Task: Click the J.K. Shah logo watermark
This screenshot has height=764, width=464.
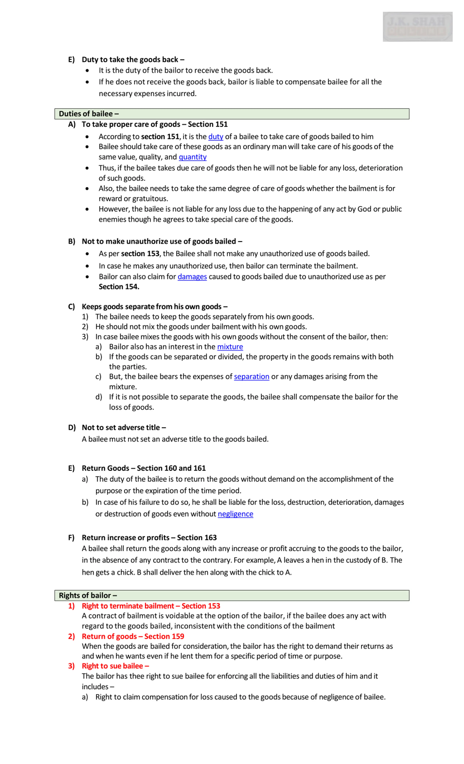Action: click(x=417, y=27)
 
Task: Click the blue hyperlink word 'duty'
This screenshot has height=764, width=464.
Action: click(x=216, y=136)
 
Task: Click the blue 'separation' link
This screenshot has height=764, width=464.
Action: click(x=251, y=376)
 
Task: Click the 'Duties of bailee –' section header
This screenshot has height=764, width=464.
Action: click(x=89, y=114)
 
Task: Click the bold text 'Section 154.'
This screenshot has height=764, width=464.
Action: click(x=119, y=287)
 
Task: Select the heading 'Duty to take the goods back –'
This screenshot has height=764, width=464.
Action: click(x=133, y=59)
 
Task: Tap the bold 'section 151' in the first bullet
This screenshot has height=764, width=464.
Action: click(x=160, y=136)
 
